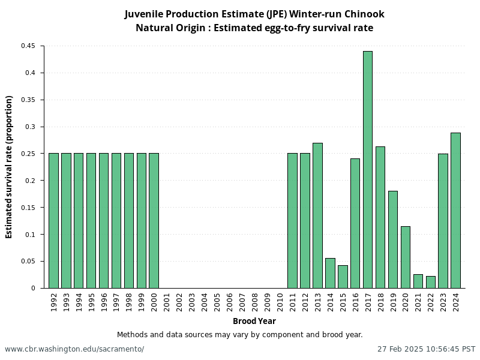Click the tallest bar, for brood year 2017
pyautogui.click(x=368, y=170)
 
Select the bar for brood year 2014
pyautogui.click(x=330, y=273)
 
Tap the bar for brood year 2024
pyautogui.click(x=455, y=210)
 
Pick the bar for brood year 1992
pyautogui.click(x=53, y=221)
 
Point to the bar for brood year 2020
pyautogui.click(x=406, y=257)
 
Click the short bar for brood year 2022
pyautogui.click(x=431, y=282)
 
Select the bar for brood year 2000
pyautogui.click(x=154, y=221)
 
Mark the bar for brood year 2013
pyautogui.click(x=317, y=215)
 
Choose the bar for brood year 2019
pyautogui.click(x=393, y=239)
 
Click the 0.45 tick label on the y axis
pyautogui.click(x=28, y=46)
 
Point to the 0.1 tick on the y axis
pyautogui.click(x=30, y=235)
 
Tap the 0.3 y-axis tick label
pyautogui.click(x=30, y=127)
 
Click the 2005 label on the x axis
pyautogui.click(x=217, y=302)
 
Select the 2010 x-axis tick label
pyautogui.click(x=280, y=302)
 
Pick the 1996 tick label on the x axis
pyautogui.click(x=104, y=302)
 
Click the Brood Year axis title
pyautogui.click(x=254, y=321)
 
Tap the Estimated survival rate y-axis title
pyautogui.click(x=9, y=167)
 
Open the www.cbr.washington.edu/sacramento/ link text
pyautogui.click(x=74, y=349)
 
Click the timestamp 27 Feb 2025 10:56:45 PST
pyautogui.click(x=426, y=349)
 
